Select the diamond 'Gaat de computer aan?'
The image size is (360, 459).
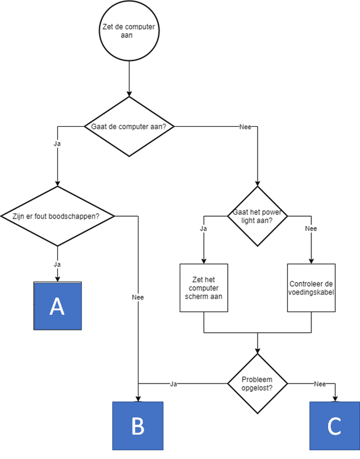point(129,126)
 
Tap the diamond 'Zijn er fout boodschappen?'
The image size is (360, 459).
point(57,216)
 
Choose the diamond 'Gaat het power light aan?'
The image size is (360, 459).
point(257,216)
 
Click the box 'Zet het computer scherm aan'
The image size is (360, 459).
point(204,287)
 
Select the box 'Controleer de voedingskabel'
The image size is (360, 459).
point(311,287)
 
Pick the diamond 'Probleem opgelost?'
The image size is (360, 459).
point(258,383)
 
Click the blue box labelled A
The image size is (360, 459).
point(57,305)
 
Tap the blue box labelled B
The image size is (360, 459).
point(138,425)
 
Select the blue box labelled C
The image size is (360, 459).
point(334,425)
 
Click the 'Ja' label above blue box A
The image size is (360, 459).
point(57,264)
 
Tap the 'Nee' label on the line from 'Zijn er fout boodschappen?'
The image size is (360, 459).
point(138,297)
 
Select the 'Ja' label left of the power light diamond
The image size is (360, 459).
point(203,229)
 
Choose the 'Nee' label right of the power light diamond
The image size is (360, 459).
point(311,229)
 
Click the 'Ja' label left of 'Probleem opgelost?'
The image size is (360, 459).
point(173,383)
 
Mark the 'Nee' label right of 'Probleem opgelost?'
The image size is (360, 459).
point(319,383)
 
